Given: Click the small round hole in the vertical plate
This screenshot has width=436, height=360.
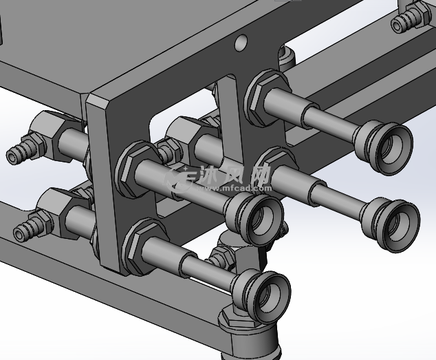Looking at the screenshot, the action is [x=241, y=42].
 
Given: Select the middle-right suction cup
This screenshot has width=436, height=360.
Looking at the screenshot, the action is [x=391, y=224].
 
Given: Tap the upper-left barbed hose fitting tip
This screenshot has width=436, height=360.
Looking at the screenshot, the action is [x=12, y=158].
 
